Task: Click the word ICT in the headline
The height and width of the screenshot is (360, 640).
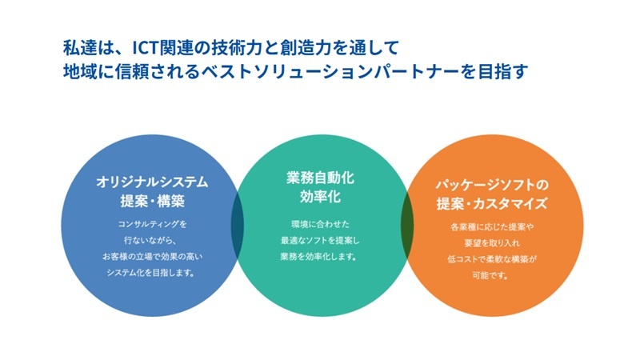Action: point(145,48)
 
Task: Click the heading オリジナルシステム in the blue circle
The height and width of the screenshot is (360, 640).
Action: point(152,182)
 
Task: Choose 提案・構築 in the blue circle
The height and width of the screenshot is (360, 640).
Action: point(152,201)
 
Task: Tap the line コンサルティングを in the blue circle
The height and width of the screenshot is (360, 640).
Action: point(152,224)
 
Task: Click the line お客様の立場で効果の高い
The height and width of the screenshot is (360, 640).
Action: point(152,257)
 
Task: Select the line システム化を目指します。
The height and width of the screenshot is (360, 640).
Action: point(150,273)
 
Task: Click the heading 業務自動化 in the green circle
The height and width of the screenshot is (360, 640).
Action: point(321,178)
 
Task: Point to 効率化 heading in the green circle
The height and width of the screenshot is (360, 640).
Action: point(321,197)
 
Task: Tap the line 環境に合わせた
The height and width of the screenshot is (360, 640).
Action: point(321,224)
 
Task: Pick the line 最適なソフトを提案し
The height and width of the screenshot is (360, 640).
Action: point(321,241)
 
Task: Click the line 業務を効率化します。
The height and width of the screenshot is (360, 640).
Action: point(318,257)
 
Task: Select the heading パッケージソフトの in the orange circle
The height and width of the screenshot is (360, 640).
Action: point(492,185)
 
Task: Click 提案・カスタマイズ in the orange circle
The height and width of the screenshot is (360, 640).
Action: point(492,203)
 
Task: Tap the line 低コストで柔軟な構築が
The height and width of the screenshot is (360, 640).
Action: point(492,259)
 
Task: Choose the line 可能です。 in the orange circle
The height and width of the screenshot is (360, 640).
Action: point(490,275)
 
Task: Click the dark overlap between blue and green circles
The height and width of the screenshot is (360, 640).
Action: point(237,226)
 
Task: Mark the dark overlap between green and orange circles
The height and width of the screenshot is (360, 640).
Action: point(407,226)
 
